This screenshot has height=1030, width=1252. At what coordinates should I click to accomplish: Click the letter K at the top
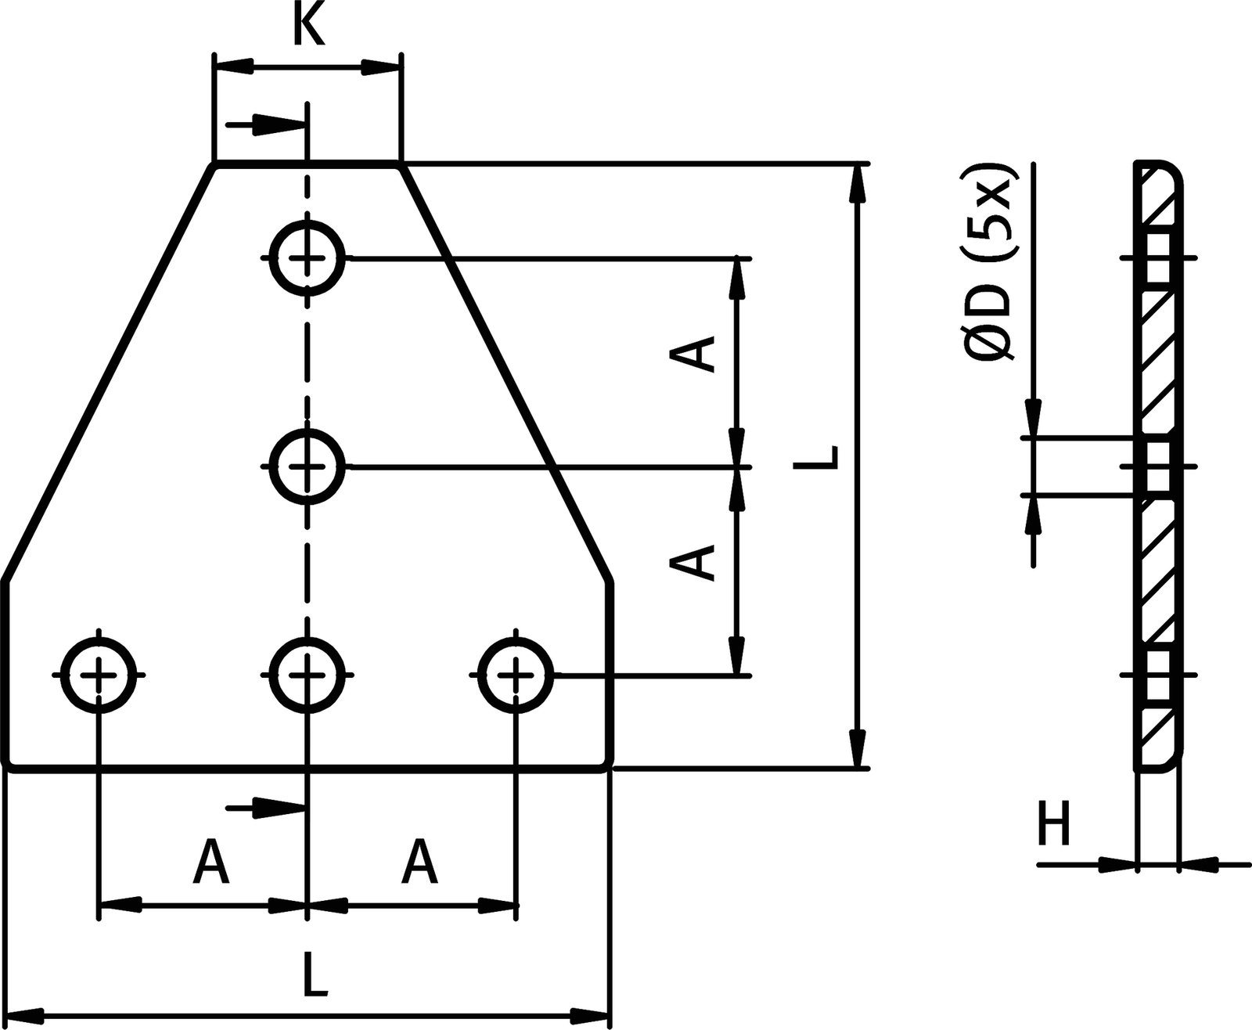(308, 27)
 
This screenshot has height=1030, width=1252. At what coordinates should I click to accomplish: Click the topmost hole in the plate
(308, 257)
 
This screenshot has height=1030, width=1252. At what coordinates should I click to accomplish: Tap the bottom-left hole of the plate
(99, 674)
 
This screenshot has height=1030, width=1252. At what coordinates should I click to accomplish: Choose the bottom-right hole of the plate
(515, 674)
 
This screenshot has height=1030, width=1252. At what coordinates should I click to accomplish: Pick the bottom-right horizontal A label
(419, 861)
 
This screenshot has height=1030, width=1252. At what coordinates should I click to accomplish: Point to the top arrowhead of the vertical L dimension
(858, 185)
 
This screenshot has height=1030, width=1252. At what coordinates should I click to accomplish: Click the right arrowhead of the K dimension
(380, 68)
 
